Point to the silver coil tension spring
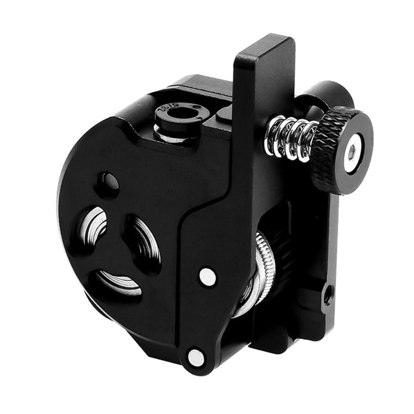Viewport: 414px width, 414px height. click(x=290, y=138)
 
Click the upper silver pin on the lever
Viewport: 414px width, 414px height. click(x=207, y=277)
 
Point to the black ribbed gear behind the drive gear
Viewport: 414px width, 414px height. click(x=283, y=243)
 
